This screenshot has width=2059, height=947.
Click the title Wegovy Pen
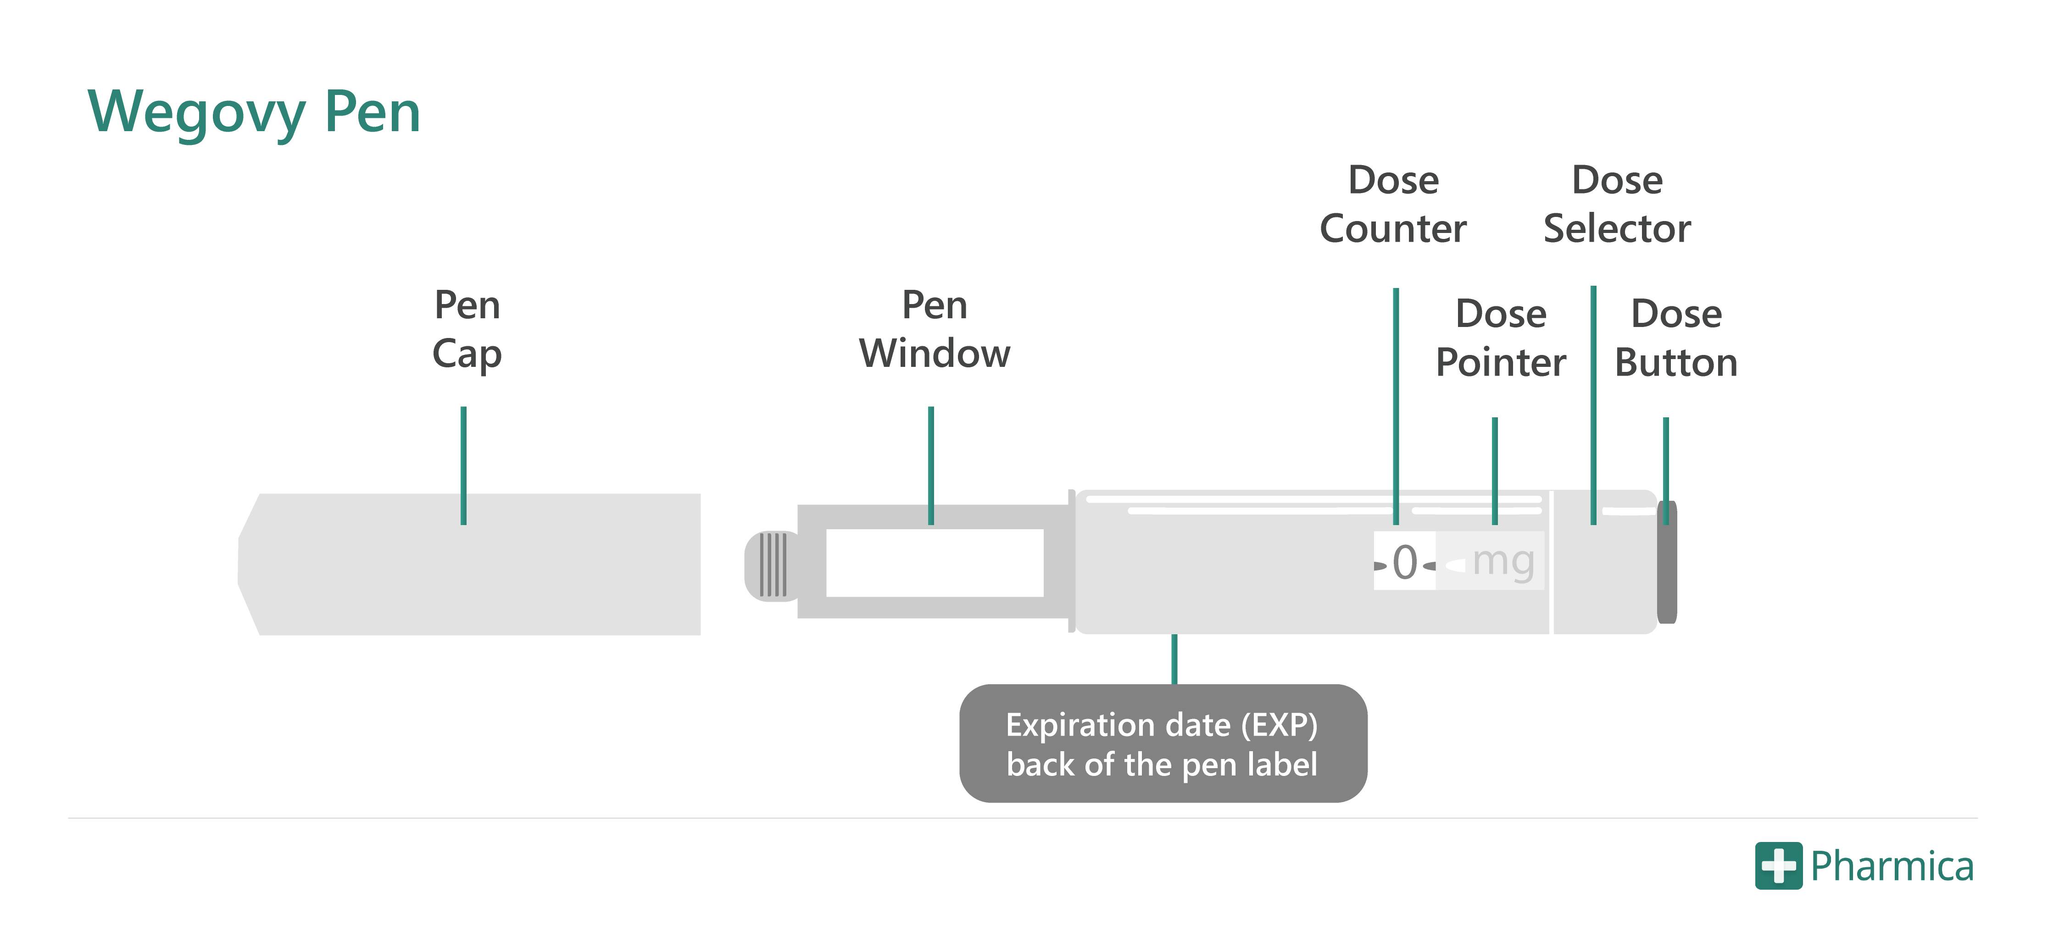[x=254, y=112]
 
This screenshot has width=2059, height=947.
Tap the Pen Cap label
[x=467, y=329]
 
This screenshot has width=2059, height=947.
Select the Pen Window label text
[x=935, y=329]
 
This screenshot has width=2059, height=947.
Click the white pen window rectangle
[x=935, y=563]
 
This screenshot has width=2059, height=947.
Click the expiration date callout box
[x=1163, y=743]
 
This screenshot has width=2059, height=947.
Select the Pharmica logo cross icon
[x=1778, y=865]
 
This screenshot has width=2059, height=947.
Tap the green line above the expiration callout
[x=1174, y=659]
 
